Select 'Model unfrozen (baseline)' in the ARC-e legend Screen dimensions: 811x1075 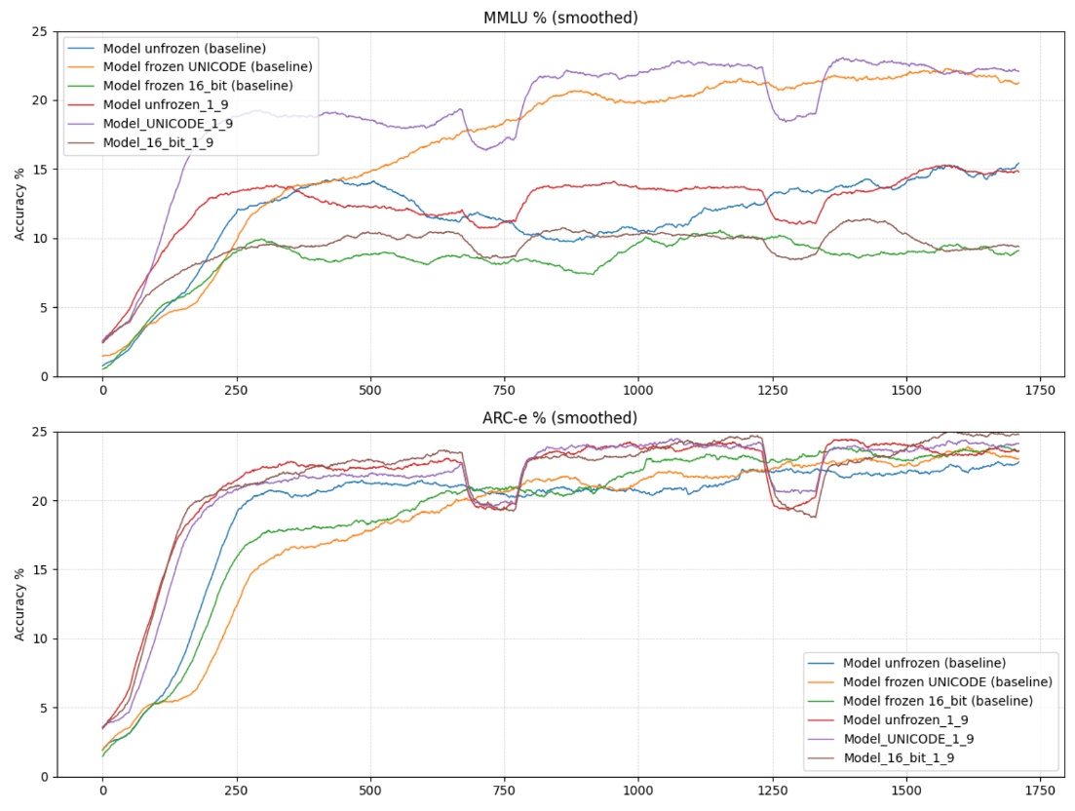[x=924, y=663]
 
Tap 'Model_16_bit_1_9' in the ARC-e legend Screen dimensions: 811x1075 [x=898, y=757]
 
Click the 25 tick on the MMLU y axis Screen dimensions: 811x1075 [x=39, y=31]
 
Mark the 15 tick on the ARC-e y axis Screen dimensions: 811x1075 [x=39, y=569]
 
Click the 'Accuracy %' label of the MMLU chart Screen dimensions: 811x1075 [x=19, y=204]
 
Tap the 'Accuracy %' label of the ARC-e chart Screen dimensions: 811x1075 [x=19, y=604]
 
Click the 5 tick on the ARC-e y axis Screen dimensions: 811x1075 [x=43, y=708]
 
